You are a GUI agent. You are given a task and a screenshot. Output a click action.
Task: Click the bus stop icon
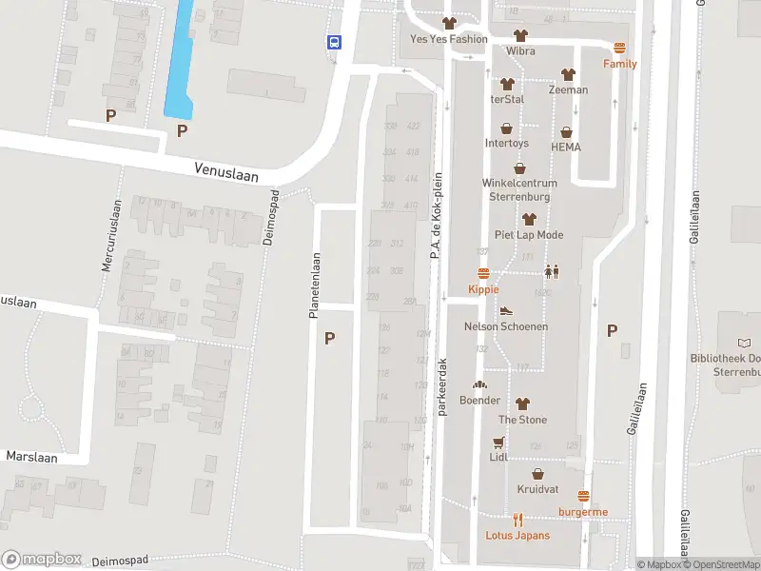coord(335,42)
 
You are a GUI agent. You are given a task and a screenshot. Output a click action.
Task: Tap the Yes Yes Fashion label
coord(448,39)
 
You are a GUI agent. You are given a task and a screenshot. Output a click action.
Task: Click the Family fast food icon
coord(620,49)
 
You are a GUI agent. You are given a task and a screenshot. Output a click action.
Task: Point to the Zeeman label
coord(568,90)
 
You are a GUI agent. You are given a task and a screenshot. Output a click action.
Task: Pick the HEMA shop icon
coord(566,132)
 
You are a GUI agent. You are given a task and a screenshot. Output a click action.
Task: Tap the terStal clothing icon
coord(507,85)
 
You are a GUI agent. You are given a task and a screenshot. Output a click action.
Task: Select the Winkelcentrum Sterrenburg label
coord(520,190)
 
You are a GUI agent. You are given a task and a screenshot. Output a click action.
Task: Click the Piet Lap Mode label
coord(529,235)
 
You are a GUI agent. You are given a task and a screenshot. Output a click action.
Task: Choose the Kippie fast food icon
coord(483,274)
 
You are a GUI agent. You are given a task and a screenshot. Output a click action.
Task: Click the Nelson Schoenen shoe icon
coord(506,311)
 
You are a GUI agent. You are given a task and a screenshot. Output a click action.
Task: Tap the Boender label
coord(479,401)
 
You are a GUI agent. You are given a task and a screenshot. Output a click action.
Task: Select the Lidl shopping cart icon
coord(498,443)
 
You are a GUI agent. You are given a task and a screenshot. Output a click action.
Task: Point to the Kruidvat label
coord(537,489)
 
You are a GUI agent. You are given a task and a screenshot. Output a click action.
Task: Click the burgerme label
coord(583,512)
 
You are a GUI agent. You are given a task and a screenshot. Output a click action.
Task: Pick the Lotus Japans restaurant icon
coord(518,520)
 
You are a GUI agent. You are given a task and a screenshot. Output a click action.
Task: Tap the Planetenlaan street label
coord(314,285)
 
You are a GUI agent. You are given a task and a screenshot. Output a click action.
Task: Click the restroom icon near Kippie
coord(552,270)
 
